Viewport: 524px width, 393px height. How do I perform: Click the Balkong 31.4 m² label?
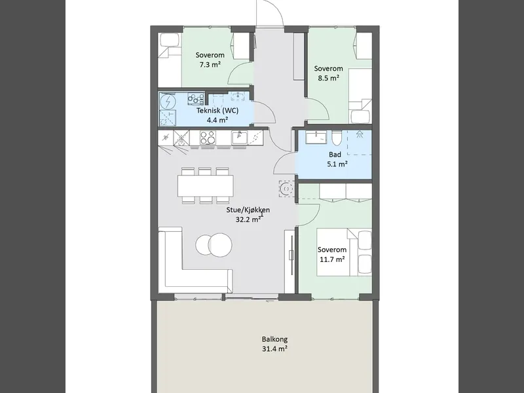click(x=274, y=344)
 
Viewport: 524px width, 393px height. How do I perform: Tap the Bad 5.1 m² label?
click(x=337, y=159)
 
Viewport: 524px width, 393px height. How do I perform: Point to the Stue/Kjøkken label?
click(x=248, y=210)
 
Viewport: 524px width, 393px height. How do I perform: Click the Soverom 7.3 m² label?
click(x=210, y=60)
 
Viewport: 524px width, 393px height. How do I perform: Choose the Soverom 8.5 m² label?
click(x=328, y=73)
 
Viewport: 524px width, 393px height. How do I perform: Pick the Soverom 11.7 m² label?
click(x=332, y=254)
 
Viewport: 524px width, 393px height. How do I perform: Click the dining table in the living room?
click(x=206, y=186)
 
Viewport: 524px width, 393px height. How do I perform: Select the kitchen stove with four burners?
click(x=208, y=138)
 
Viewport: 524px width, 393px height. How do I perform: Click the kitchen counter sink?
click(x=240, y=138)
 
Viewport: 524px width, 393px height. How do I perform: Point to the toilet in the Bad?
click(x=337, y=138)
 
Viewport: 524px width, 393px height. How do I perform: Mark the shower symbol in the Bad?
click(x=360, y=134)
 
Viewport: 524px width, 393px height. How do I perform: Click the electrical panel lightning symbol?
click(x=168, y=101)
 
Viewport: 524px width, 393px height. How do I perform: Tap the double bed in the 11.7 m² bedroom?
click(x=345, y=252)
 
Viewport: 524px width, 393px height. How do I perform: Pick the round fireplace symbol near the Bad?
click(x=286, y=189)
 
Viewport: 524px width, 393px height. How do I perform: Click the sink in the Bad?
click(x=316, y=138)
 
